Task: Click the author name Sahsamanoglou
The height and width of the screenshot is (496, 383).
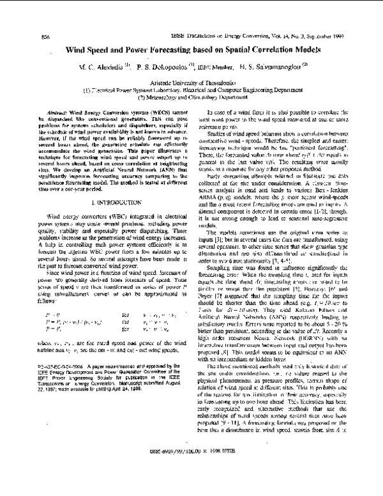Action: pyautogui.click(x=280, y=66)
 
